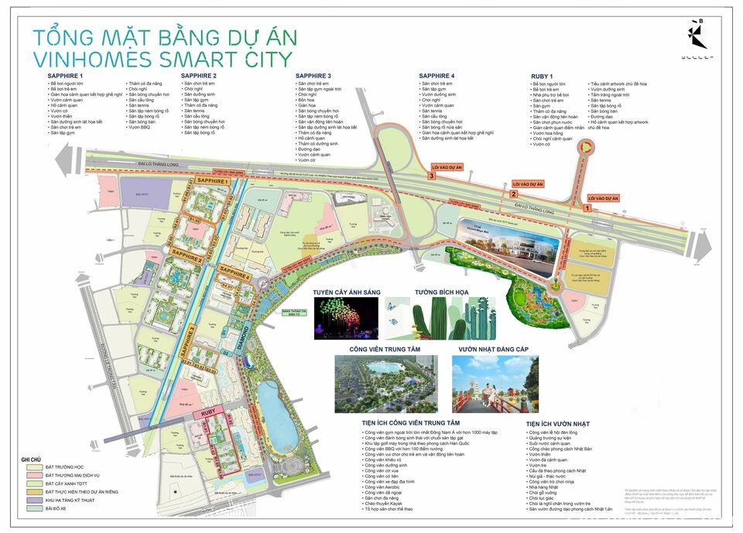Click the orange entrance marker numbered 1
pos(587,208)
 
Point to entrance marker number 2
pos(512,194)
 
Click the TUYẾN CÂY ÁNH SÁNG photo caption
pos(344,293)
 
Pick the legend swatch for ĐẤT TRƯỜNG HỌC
pos(33,468)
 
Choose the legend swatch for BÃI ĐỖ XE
pos(33,508)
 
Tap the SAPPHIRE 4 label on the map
pos(236,275)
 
